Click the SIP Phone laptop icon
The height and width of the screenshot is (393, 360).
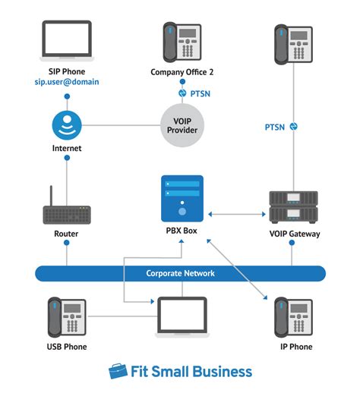[67, 41]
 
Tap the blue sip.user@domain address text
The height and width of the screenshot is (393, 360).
[67, 82]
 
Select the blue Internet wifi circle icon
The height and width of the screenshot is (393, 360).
[67, 125]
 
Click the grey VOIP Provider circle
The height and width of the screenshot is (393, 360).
[182, 125]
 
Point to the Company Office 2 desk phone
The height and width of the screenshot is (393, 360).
[182, 42]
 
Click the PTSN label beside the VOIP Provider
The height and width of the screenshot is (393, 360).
[201, 94]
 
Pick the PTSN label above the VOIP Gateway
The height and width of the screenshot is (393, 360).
[275, 127]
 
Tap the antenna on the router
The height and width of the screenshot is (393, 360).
[51, 196]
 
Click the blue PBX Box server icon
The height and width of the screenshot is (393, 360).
[182, 199]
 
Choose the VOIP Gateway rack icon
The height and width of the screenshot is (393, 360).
[293, 207]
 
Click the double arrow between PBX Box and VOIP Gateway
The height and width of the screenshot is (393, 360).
[237, 215]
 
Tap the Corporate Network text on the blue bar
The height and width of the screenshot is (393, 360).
[180, 273]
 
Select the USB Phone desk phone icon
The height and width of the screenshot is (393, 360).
[67, 317]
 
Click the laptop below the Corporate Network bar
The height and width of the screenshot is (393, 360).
[182, 317]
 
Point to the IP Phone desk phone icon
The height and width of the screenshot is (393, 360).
[293, 317]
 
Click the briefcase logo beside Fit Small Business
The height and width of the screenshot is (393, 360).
[118, 371]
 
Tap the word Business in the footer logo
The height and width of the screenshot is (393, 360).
[223, 372]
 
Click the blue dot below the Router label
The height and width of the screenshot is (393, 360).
[67, 243]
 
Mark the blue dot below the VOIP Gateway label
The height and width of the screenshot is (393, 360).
[292, 243]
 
